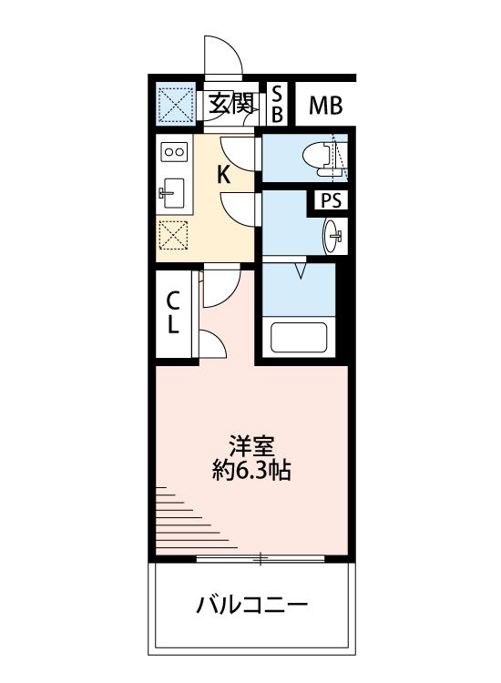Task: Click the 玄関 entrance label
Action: (x=230, y=104)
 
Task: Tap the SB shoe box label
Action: (x=278, y=104)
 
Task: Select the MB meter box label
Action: (x=325, y=106)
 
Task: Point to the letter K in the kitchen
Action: (x=223, y=175)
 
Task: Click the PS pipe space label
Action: (x=331, y=201)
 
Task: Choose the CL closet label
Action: (x=173, y=312)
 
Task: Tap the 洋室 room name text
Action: (x=251, y=447)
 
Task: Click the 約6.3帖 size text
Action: (x=251, y=471)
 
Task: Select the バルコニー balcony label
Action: (x=251, y=605)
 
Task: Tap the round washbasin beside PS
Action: (x=332, y=235)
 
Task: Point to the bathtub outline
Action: (x=299, y=337)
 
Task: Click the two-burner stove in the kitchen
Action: (x=174, y=151)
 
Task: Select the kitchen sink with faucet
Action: (x=173, y=194)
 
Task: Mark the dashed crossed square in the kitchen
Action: (x=173, y=235)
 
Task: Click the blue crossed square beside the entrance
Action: (x=176, y=104)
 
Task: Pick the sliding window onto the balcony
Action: (x=261, y=558)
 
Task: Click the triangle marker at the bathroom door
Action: (x=301, y=270)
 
